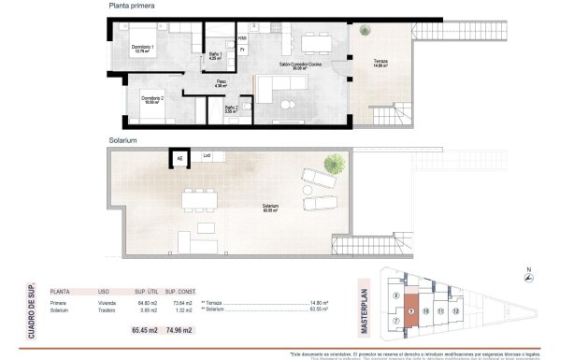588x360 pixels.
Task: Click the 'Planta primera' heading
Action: [130, 7]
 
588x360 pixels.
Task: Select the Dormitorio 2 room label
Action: [153, 101]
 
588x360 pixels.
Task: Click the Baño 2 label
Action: [231, 108]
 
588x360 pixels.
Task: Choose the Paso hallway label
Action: [222, 83]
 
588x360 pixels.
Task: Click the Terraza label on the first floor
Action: [379, 62]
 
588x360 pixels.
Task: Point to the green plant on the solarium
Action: [333, 165]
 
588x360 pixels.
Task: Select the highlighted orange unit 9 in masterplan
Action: [410, 310]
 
